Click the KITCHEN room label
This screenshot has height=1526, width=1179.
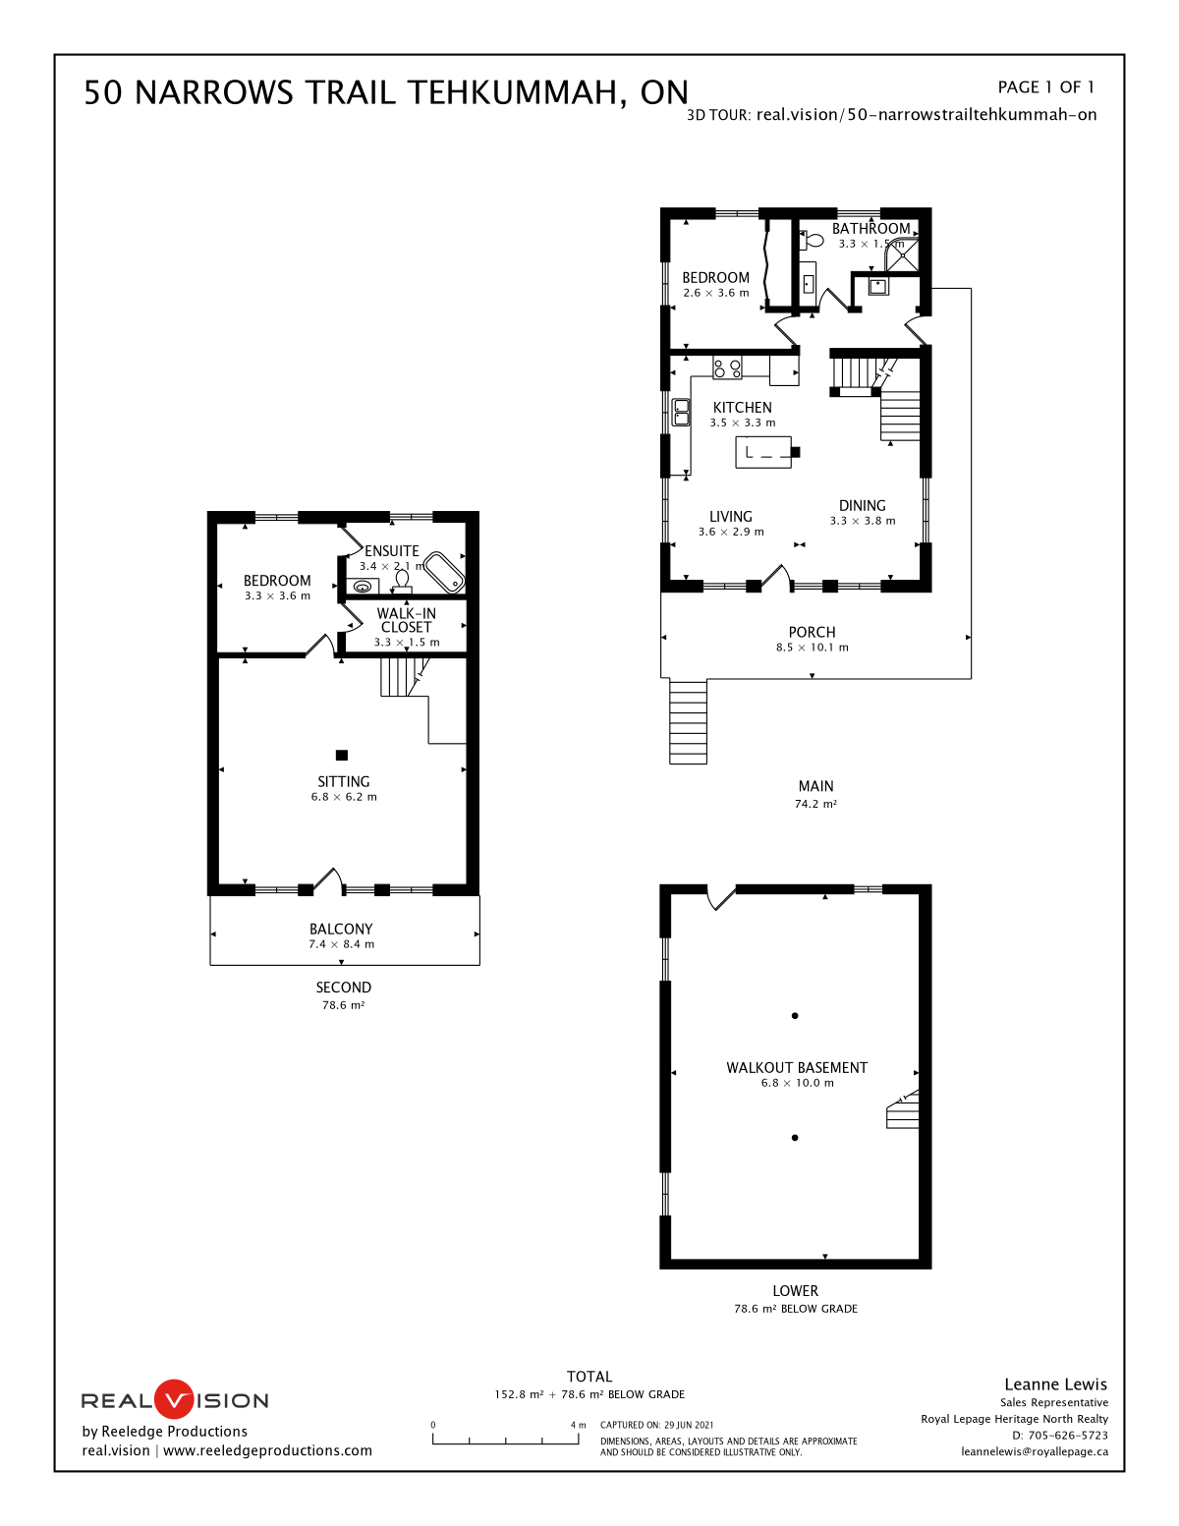(742, 408)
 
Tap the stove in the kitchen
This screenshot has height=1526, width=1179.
(727, 367)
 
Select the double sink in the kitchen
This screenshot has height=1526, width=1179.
(681, 413)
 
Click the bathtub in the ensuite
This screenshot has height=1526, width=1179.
(444, 572)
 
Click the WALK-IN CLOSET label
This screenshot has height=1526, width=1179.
(406, 620)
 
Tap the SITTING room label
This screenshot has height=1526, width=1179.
(343, 781)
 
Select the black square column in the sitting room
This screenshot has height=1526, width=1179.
(342, 756)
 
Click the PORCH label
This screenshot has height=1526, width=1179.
(812, 632)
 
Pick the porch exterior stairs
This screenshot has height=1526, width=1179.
(688, 721)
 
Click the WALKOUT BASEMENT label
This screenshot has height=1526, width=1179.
(797, 1067)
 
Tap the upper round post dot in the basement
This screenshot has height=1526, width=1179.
(795, 1015)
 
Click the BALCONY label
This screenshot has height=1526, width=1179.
(341, 930)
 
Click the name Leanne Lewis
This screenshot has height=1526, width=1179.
(1055, 1385)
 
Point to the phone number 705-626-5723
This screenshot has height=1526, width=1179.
(1067, 1436)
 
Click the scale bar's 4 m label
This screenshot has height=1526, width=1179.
(578, 1425)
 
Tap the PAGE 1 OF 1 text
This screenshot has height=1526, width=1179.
(1045, 87)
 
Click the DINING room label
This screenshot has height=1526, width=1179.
(863, 506)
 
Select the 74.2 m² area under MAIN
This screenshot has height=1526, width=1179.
(815, 804)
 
